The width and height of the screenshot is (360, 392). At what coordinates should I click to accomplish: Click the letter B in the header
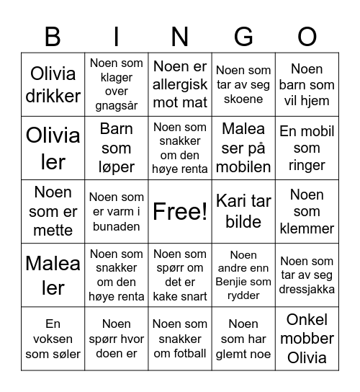tap(53, 36)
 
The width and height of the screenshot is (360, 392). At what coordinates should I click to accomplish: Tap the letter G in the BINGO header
tap(243, 36)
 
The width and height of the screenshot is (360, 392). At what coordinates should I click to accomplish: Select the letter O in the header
tap(307, 36)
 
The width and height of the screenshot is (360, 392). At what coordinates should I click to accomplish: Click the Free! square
tap(180, 211)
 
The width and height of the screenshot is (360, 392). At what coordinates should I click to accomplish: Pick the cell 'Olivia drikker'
tap(53, 84)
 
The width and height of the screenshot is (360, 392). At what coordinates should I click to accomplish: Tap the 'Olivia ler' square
tap(53, 148)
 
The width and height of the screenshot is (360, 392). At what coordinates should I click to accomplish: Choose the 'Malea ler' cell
tap(53, 275)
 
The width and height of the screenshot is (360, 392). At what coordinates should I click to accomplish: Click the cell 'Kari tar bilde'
tap(243, 211)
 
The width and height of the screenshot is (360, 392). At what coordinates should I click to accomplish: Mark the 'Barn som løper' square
tap(116, 148)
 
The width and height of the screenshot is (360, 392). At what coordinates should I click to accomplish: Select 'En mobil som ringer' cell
tap(307, 148)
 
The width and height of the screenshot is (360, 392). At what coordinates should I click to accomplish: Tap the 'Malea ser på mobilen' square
tap(243, 148)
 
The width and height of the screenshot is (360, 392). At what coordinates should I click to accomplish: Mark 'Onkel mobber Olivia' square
tap(307, 338)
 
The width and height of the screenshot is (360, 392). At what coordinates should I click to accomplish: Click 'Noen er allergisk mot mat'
tap(180, 84)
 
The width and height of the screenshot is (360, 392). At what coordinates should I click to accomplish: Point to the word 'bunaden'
tap(116, 226)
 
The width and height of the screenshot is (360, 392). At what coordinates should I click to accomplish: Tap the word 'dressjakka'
tap(307, 289)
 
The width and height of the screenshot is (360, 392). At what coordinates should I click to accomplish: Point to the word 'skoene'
tap(243, 99)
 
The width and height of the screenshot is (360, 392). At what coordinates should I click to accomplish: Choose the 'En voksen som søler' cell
tap(53, 338)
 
